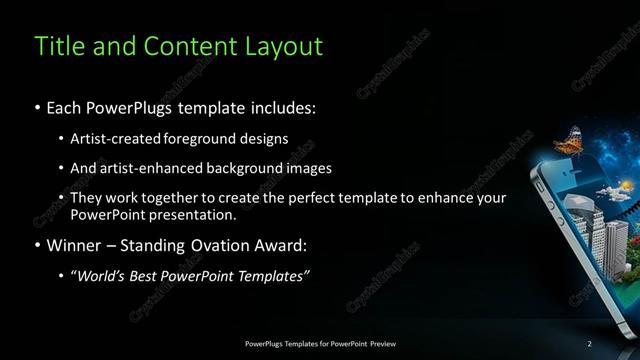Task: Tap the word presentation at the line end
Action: pyautogui.click(x=193, y=215)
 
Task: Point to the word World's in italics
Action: pyautogui.click(x=102, y=276)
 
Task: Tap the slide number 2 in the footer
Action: pyautogui.click(x=590, y=344)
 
